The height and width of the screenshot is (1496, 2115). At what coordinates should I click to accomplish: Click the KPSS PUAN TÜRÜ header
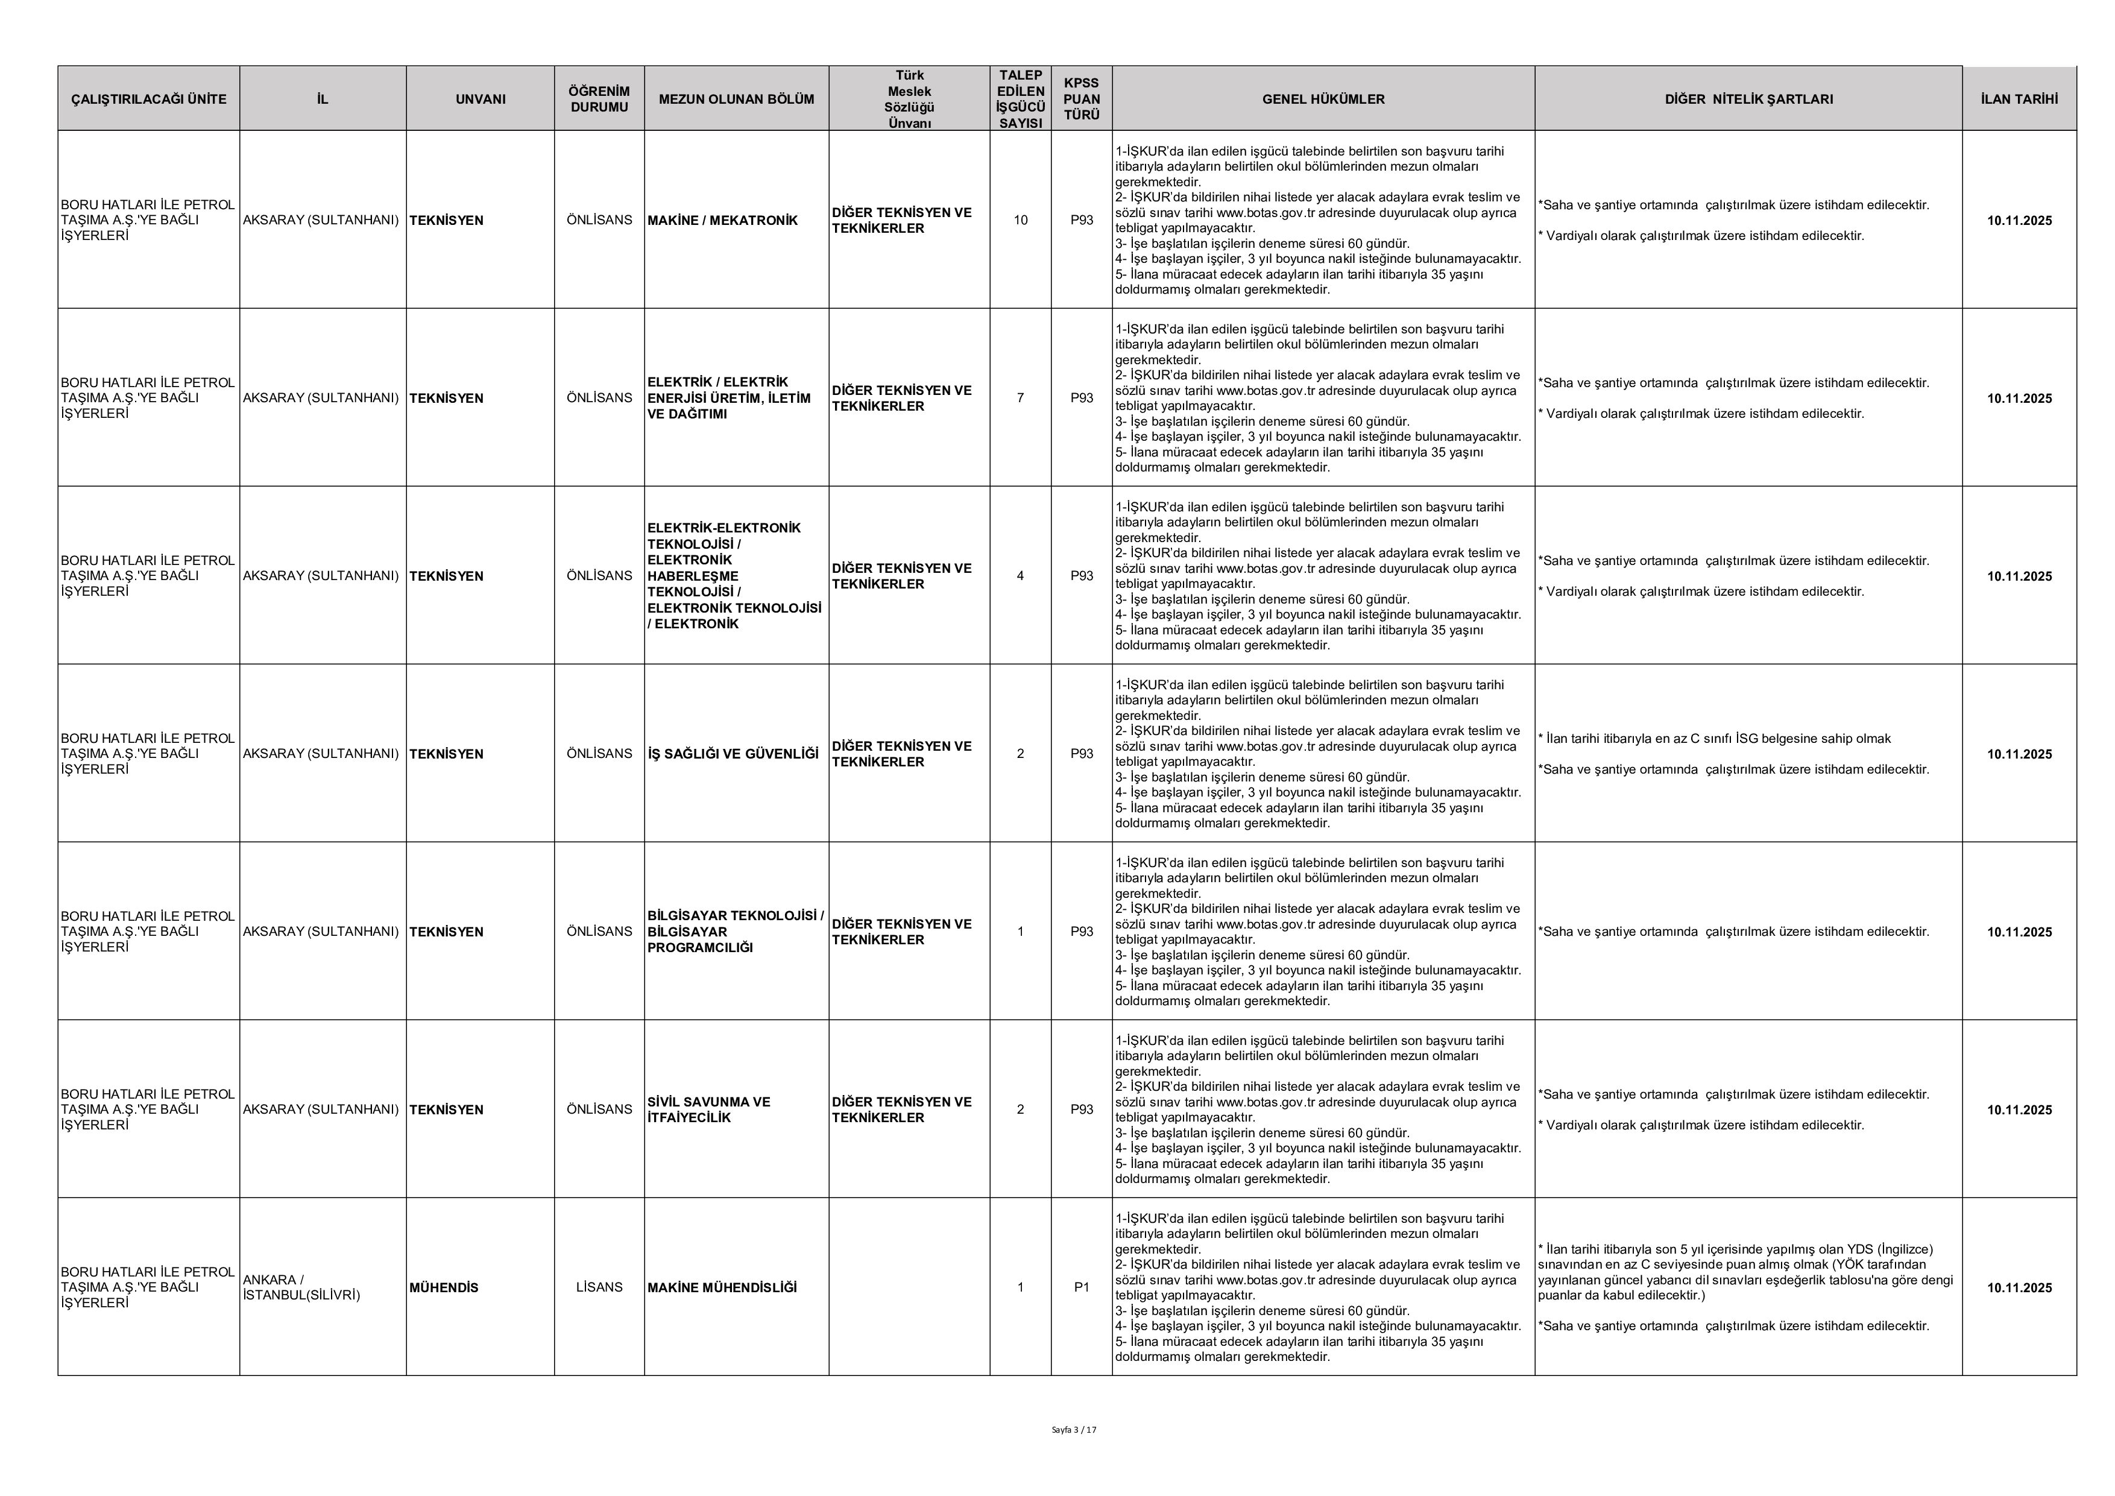(x=1082, y=98)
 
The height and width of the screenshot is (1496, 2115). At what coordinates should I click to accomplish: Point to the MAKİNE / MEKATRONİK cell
(x=722, y=220)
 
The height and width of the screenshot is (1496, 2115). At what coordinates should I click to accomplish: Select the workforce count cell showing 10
(x=1021, y=220)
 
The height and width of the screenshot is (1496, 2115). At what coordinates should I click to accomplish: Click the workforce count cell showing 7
(x=1021, y=398)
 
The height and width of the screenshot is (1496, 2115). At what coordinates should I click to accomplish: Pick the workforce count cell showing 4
(x=1021, y=576)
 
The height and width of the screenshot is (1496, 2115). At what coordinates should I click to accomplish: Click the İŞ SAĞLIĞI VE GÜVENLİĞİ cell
(x=733, y=754)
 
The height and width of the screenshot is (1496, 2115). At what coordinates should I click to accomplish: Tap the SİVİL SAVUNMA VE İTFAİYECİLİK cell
(x=708, y=1109)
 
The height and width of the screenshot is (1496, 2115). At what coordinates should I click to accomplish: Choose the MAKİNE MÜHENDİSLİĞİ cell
(x=722, y=1287)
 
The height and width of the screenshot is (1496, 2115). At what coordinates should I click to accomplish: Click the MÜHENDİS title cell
(x=444, y=1287)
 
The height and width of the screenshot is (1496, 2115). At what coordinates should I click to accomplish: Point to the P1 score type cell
(x=1082, y=1287)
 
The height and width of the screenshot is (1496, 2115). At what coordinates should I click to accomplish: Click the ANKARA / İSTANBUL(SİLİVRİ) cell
(x=301, y=1287)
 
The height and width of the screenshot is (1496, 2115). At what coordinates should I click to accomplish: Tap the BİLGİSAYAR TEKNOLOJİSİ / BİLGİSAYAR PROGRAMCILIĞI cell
(x=735, y=932)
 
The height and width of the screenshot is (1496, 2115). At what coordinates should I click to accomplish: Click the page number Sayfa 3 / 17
(x=1074, y=1430)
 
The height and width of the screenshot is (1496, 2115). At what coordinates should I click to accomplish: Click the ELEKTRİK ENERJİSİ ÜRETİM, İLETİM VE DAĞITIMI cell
(x=729, y=398)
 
